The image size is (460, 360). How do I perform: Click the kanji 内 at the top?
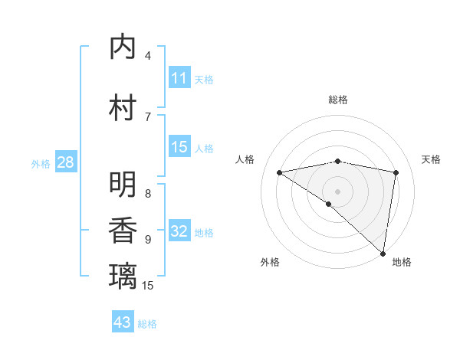124,47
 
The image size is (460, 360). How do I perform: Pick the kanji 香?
124,231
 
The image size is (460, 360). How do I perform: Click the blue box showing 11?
179,78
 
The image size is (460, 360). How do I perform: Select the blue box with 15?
179,147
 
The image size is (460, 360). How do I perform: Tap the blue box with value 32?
179,231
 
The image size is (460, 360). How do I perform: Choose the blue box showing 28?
64,162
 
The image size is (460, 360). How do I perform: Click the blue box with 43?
123,322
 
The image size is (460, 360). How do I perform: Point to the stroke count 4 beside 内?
148,55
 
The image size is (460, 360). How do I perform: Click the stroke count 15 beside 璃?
148,286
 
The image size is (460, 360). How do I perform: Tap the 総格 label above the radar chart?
337,100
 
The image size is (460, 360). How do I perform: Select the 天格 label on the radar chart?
431,159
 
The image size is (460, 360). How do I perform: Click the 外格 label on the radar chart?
270,262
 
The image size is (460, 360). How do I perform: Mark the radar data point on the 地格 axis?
383,253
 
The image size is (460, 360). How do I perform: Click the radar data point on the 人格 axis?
279,172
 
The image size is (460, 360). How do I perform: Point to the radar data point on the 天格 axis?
396,172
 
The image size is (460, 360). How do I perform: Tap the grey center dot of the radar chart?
337,191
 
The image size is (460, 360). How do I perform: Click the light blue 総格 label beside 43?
147,324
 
